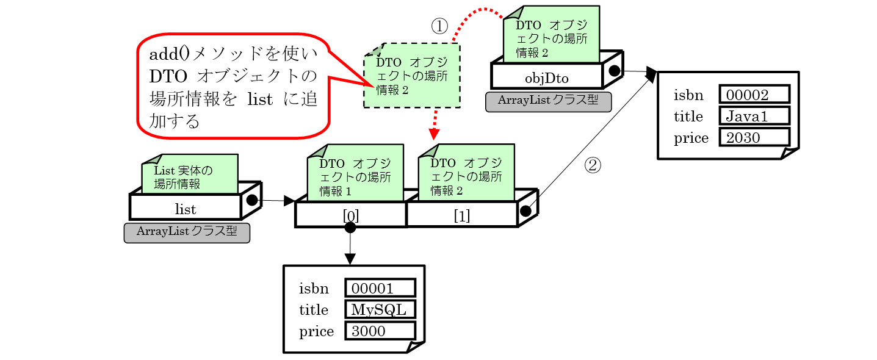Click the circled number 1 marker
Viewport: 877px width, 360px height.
click(439, 26)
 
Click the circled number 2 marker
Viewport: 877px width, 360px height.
click(593, 165)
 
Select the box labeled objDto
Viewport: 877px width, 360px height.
click(547, 77)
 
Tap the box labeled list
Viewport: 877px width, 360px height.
click(186, 209)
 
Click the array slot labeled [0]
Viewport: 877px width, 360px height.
click(350, 215)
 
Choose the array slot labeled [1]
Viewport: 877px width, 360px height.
click(462, 215)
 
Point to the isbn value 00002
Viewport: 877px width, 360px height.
click(754, 94)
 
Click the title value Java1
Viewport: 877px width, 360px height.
click(754, 115)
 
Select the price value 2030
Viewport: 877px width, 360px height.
click(754, 137)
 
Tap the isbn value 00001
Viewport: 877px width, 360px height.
click(380, 288)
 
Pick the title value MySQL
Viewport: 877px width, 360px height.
click(380, 309)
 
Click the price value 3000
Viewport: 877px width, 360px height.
click(380, 331)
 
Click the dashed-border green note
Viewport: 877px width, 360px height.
click(412, 76)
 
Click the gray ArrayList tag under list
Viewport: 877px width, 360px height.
click(187, 232)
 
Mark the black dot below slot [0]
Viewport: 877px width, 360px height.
click(350, 228)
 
